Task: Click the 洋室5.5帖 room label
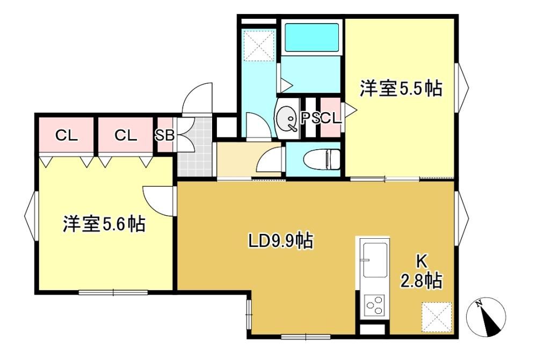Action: tap(401, 89)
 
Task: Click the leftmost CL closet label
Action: tap(67, 136)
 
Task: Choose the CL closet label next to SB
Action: tap(125, 136)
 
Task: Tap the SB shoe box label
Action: tap(165, 136)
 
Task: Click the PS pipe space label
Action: tap(310, 119)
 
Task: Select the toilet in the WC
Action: tap(321, 159)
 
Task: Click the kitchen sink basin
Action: tap(375, 260)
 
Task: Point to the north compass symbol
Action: tap(487, 318)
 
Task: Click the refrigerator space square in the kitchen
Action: tap(436, 317)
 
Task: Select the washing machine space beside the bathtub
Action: tap(259, 46)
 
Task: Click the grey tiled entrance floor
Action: tap(194, 147)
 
